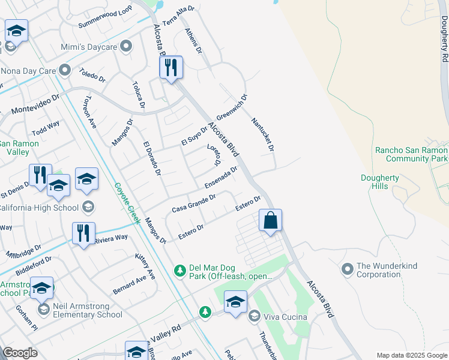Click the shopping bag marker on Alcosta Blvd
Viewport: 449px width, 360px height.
[271, 220]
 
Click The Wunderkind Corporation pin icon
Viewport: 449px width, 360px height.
[347, 269]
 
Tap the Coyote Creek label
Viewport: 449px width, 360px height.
[127, 203]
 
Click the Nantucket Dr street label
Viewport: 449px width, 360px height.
[263, 134]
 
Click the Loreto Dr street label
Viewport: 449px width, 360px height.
[214, 155]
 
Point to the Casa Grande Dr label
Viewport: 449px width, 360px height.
[193, 202]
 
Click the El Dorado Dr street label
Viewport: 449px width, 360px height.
[152, 158]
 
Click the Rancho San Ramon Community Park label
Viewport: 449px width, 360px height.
[411, 154]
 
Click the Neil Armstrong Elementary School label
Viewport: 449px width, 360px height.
[87, 310]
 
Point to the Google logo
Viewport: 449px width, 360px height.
[20, 353]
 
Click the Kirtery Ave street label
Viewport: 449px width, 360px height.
[145, 266]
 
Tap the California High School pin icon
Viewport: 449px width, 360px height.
[88, 208]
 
